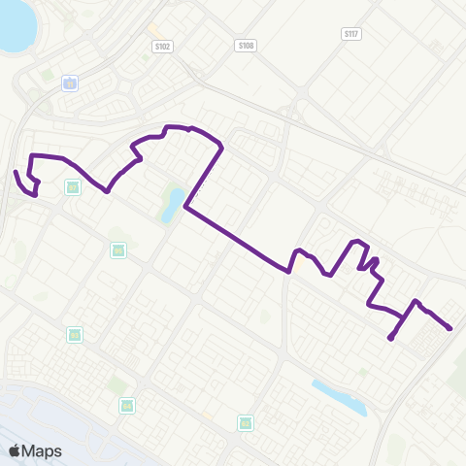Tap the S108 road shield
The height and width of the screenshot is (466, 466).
pyautogui.click(x=245, y=45)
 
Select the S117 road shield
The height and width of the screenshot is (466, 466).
pyautogui.click(x=351, y=33)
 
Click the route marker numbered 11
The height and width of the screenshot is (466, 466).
pyautogui.click(x=70, y=84)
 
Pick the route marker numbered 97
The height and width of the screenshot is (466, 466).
pyautogui.click(x=72, y=186)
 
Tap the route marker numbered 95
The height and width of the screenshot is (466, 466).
pyautogui.click(x=118, y=250)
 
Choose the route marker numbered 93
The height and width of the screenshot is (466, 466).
pyautogui.click(x=75, y=334)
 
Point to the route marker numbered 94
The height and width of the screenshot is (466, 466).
pyautogui.click(x=125, y=405)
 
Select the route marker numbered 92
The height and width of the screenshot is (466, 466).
pyautogui.click(x=246, y=422)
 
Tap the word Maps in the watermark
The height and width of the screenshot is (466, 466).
pyautogui.click(x=42, y=450)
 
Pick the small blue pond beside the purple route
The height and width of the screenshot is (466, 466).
pyautogui.click(x=174, y=203)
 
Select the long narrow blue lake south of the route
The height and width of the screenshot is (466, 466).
pyautogui.click(x=340, y=396)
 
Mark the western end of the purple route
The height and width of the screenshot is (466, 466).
pyautogui.click(x=16, y=172)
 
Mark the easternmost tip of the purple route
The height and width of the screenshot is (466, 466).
pyautogui.click(x=451, y=329)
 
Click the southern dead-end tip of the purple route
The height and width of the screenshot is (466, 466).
pyautogui.click(x=390, y=339)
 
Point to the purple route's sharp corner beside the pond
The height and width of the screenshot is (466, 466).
pyautogui.click(x=184, y=208)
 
